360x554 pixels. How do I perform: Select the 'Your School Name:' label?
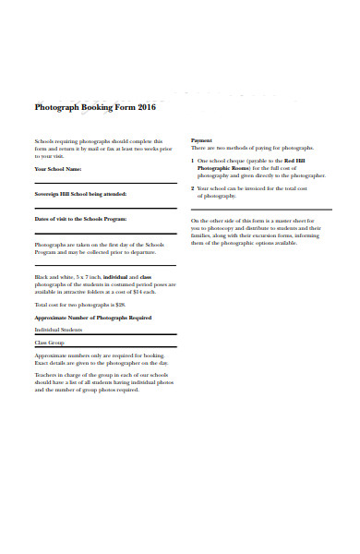[58, 170]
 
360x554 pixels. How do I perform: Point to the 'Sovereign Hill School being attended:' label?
[80, 195]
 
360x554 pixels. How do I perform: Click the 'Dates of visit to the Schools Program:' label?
[80, 219]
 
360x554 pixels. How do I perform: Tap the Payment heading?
[201, 140]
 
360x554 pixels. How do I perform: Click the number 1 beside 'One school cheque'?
[192, 161]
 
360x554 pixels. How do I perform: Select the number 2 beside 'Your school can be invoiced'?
[192, 188]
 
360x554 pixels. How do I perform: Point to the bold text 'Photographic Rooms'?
[224, 168]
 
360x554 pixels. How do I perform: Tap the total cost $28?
[118, 304]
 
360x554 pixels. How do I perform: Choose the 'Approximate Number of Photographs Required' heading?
[92, 317]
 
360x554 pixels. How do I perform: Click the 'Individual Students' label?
[58, 330]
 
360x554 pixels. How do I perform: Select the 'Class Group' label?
[49, 343]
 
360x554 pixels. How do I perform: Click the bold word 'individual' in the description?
[114, 277]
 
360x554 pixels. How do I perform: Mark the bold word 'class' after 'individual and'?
[145, 277]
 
